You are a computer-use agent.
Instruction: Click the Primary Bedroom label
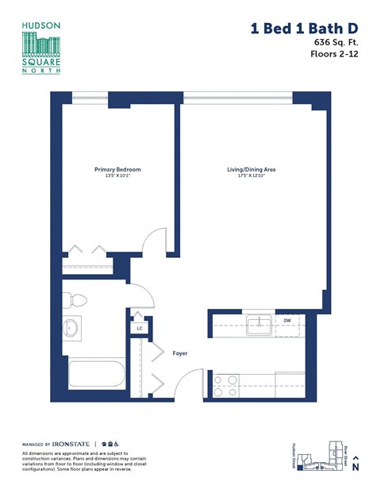(x=117, y=169)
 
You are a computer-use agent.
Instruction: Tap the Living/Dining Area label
(x=252, y=169)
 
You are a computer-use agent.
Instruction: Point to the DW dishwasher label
(x=287, y=321)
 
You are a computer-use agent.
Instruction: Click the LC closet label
(x=140, y=327)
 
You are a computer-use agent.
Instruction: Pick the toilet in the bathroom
(x=77, y=301)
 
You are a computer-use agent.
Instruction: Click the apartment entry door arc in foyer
(x=194, y=382)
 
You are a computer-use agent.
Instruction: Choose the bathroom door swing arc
(x=142, y=295)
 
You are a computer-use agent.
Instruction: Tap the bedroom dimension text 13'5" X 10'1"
(x=117, y=176)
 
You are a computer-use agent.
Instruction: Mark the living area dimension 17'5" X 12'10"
(x=252, y=176)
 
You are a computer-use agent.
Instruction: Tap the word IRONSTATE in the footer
(x=74, y=444)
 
